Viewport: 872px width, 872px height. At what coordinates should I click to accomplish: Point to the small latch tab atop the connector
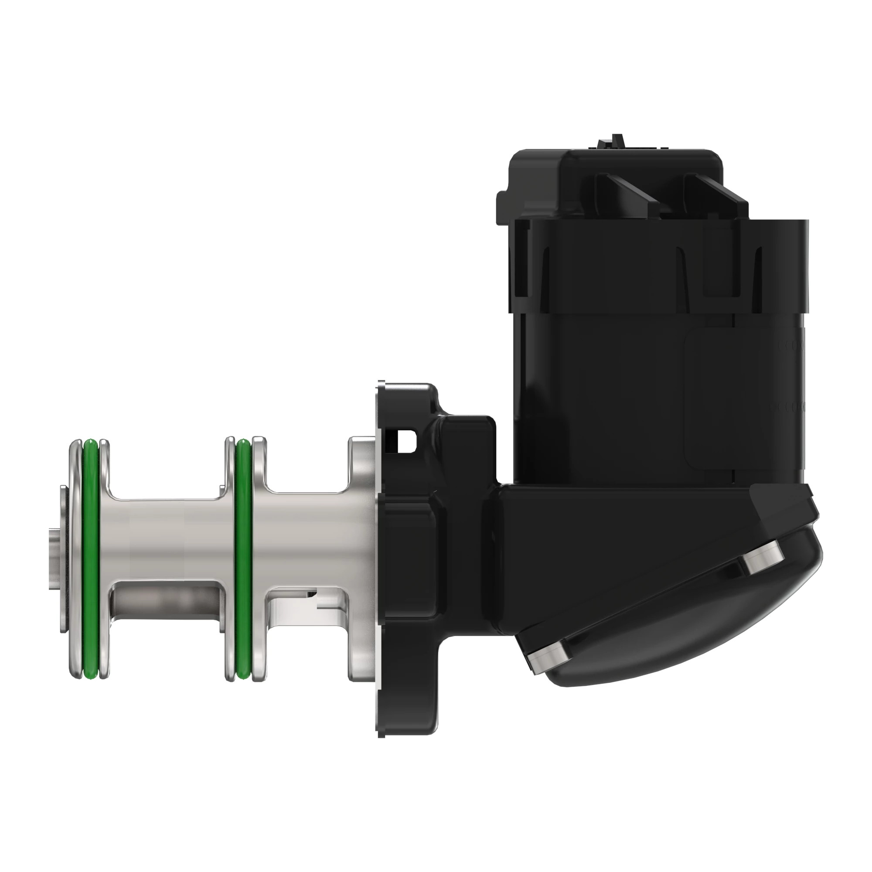pos(610,143)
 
